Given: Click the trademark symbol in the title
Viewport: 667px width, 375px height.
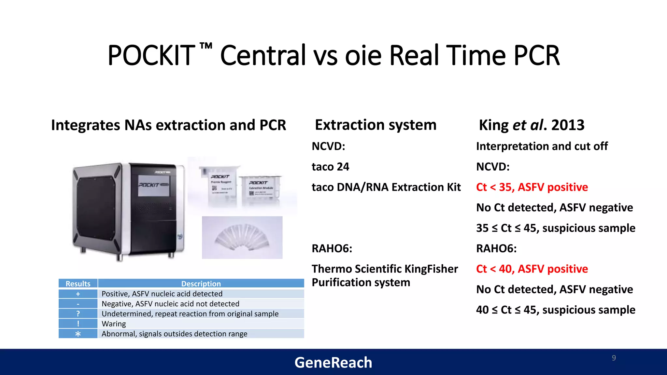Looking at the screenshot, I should point(206,46).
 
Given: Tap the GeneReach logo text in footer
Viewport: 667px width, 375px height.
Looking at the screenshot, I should point(333,363).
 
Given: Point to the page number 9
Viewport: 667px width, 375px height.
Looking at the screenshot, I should point(614,358).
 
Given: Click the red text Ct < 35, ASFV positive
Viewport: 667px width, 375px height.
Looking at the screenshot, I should point(532,187).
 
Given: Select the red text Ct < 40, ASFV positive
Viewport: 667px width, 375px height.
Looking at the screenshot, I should point(532,269).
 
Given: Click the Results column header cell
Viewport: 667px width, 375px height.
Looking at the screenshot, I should point(78,284).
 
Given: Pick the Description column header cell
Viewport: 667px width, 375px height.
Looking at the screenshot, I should point(201,284).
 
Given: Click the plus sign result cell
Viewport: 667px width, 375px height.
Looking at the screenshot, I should point(78,294).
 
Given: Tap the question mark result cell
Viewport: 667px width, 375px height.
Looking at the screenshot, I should point(78,313).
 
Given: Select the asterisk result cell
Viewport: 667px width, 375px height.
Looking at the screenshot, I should point(78,334).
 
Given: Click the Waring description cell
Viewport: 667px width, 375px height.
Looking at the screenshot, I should point(201,324).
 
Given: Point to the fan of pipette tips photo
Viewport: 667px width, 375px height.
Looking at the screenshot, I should point(242,238).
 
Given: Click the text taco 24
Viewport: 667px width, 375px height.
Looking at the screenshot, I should point(330,167).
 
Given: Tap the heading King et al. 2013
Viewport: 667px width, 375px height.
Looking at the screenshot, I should point(532,125).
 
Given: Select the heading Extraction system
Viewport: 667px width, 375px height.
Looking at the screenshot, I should point(376,125).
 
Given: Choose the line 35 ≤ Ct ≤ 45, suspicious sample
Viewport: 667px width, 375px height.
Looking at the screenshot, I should point(555,228).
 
